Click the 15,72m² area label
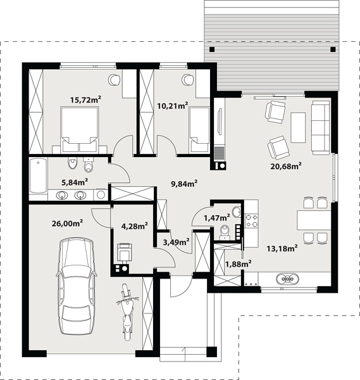tap(85, 99)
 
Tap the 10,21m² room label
tap(173, 106)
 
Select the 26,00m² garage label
tap(67, 223)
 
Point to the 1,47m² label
tap(216, 218)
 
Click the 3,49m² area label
tap(176, 242)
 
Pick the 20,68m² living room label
tap(286, 166)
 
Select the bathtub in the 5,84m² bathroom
tap(38, 175)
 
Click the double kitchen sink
tap(287, 279)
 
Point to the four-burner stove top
tap(252, 220)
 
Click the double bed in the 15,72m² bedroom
tap(80, 130)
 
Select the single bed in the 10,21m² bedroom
tap(199, 130)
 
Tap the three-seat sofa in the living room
tap(321, 128)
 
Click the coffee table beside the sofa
tap(298, 127)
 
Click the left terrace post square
tap(212, 49)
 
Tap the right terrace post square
tap(333, 49)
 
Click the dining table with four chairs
tap(314, 220)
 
